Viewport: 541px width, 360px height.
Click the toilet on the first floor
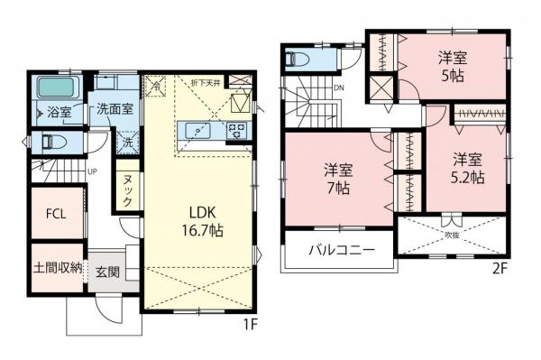pos(49,142)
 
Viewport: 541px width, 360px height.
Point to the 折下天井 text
pos(205,83)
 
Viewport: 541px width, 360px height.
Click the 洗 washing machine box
pos(129,143)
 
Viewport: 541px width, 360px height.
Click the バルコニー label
pos(338,249)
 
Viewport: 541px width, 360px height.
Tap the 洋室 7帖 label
pos(337,179)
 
